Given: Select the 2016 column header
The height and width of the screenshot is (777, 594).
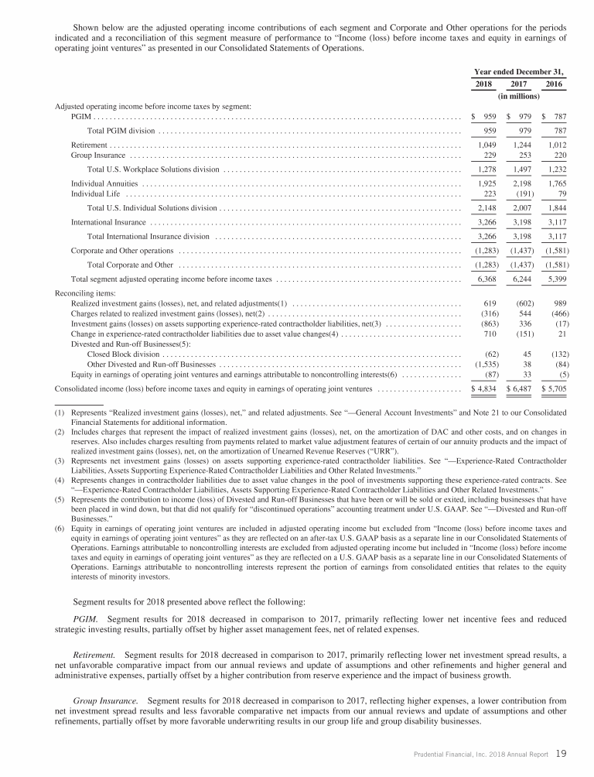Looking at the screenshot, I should (554, 84).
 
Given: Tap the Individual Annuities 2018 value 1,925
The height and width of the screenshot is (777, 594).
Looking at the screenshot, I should (483, 183).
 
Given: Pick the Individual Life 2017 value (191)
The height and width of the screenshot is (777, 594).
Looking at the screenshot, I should (521, 193).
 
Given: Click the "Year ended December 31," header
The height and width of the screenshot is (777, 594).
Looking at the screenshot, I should (518, 70).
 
